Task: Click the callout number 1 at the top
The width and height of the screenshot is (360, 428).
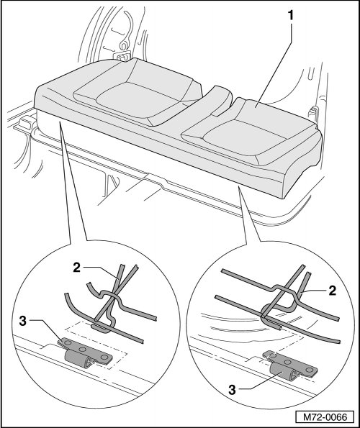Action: click(291, 16)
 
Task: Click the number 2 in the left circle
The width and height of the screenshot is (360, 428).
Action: click(77, 268)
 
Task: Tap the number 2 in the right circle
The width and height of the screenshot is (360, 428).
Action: click(332, 291)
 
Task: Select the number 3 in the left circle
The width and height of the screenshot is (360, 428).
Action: click(23, 322)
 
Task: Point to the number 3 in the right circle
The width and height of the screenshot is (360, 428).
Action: click(232, 390)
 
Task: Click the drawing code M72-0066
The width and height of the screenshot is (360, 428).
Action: click(325, 417)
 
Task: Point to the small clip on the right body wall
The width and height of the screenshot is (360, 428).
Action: click(313, 113)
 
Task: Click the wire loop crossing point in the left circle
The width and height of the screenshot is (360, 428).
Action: click(112, 296)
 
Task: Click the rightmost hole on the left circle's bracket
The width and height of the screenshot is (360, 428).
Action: click(104, 357)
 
